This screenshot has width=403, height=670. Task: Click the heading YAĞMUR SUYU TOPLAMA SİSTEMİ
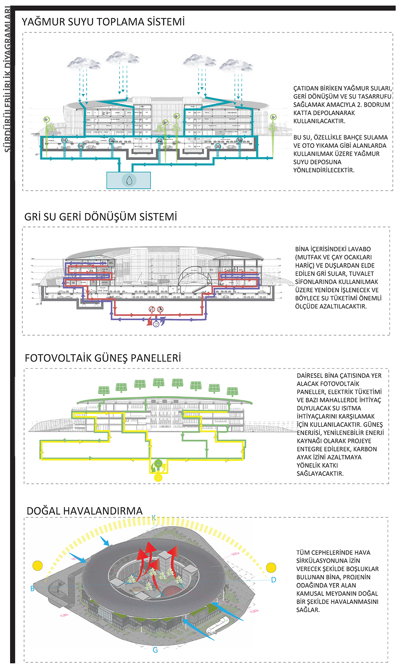coord(103,22)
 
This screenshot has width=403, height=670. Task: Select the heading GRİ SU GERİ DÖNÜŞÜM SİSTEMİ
coord(101,217)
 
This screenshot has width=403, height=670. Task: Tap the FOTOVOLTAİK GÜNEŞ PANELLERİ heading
coord(103,358)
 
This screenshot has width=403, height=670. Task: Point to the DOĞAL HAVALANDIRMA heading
coord(85,511)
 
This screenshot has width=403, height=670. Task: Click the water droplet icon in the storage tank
coord(129,180)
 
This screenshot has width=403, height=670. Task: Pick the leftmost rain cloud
coord(83,63)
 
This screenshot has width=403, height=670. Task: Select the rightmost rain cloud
coord(236,65)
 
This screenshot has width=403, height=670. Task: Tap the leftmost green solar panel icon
coord(104,390)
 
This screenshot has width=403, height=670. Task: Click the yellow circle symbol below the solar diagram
coord(158,478)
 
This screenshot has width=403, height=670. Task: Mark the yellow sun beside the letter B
coord(37,565)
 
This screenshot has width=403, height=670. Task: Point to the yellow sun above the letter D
coord(271,568)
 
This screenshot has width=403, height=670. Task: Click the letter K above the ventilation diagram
coord(154,518)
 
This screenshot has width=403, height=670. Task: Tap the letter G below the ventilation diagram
coord(155,650)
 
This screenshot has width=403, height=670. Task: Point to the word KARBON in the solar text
coord(365,449)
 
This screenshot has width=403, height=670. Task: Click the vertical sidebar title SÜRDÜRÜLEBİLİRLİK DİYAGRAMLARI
coord(7,81)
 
